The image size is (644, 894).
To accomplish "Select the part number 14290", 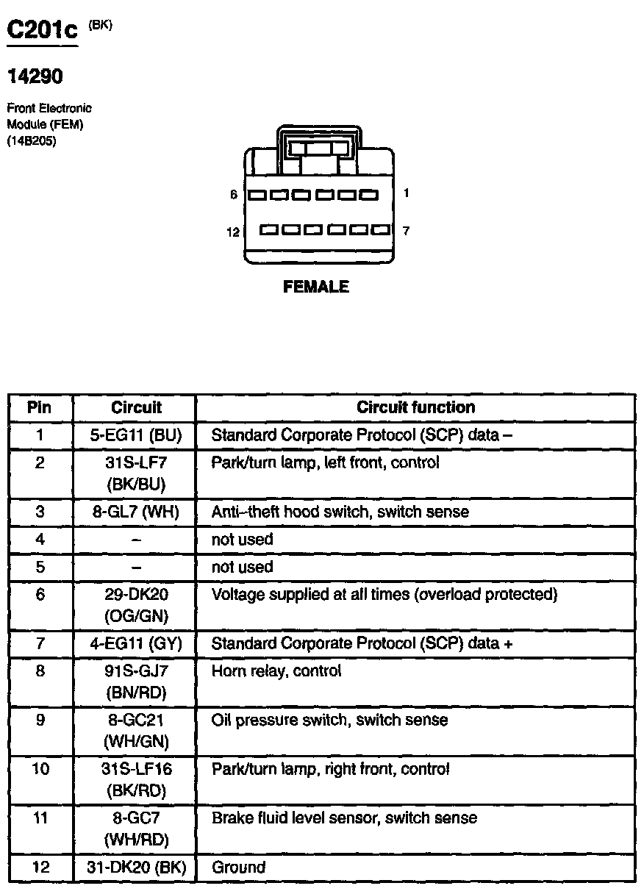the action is pyautogui.click(x=35, y=76).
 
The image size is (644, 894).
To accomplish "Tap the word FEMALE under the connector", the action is pyautogui.click(x=316, y=287).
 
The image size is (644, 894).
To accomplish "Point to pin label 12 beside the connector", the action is pyautogui.click(x=233, y=232).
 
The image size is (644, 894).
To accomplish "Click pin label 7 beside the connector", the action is pyautogui.click(x=406, y=231).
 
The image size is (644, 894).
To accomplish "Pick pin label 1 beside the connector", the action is pyautogui.click(x=406, y=193).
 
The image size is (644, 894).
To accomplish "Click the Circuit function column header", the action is pyautogui.click(x=415, y=407).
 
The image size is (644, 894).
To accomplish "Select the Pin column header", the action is pyautogui.click(x=40, y=407).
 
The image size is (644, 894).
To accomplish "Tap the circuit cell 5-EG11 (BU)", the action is pyautogui.click(x=135, y=435).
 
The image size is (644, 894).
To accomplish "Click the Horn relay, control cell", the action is pyautogui.click(x=276, y=671).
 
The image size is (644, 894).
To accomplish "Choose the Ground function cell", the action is pyautogui.click(x=238, y=868).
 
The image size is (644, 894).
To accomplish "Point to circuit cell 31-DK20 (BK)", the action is pyautogui.click(x=135, y=868).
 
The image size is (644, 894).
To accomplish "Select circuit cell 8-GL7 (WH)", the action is pyautogui.click(x=135, y=512).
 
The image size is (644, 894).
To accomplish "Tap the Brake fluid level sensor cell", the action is pyautogui.click(x=344, y=818).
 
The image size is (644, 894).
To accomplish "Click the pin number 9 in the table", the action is pyautogui.click(x=40, y=720).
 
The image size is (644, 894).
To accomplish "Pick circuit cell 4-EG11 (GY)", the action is pyautogui.click(x=135, y=644).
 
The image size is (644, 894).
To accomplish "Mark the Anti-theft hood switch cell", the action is pyautogui.click(x=340, y=512).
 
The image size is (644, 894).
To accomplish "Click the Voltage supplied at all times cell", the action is pyautogui.click(x=384, y=594).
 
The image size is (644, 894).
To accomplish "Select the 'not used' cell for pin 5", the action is pyautogui.click(x=242, y=567).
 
